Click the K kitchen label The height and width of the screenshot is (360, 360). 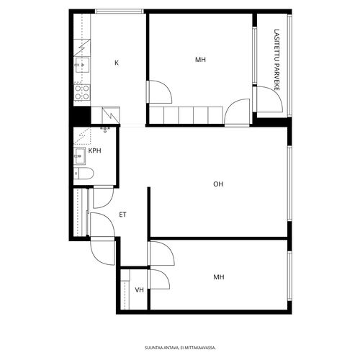(x=117, y=63)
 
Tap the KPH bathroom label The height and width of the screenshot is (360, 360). (x=95, y=150)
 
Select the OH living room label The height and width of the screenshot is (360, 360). (x=218, y=184)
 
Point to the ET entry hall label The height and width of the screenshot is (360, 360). (x=122, y=215)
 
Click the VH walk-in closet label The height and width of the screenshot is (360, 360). (x=139, y=290)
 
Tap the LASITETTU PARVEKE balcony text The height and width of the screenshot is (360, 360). (x=276, y=60)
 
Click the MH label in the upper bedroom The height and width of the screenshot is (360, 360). (x=200, y=60)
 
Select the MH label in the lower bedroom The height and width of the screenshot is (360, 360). (x=219, y=277)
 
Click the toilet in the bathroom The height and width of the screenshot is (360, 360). (x=84, y=174)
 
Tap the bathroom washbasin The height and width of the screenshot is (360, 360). (x=79, y=156)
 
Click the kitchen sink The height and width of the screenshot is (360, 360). (x=82, y=65)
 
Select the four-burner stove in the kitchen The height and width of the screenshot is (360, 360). (x=82, y=92)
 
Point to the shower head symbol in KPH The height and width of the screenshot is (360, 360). (x=105, y=130)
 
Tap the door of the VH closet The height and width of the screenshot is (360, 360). (x=159, y=279)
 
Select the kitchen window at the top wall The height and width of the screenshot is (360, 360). (x=120, y=11)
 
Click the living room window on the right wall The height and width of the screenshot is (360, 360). (x=289, y=183)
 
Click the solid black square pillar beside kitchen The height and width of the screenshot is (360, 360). (x=81, y=116)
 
